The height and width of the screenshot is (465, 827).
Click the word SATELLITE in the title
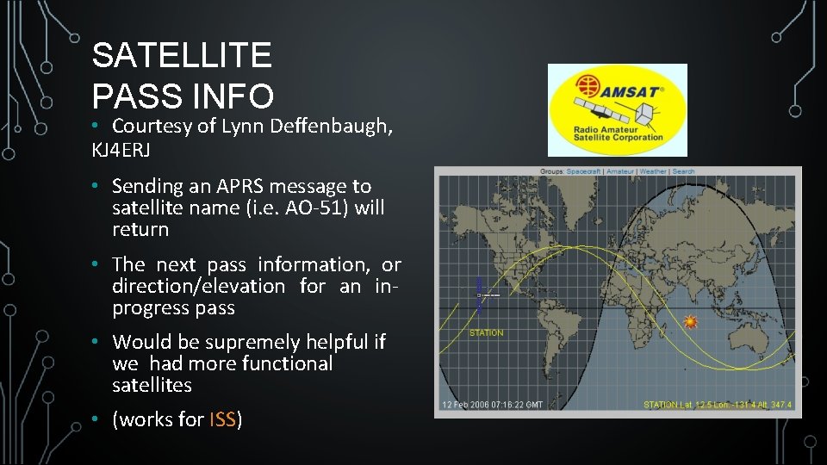[x=182, y=56]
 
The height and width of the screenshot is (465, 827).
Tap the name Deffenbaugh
[x=332, y=127]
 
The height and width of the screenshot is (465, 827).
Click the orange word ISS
[x=222, y=420]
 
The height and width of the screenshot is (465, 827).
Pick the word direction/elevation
[x=198, y=286]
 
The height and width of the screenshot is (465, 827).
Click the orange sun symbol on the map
[x=690, y=321]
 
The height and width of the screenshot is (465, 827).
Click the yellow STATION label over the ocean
[x=486, y=332]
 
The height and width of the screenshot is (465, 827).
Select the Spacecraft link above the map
[x=584, y=171]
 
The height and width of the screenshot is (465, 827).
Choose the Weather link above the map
[x=652, y=171]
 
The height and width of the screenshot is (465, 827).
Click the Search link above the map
[x=683, y=171]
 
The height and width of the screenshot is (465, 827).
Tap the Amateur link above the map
[x=619, y=171]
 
